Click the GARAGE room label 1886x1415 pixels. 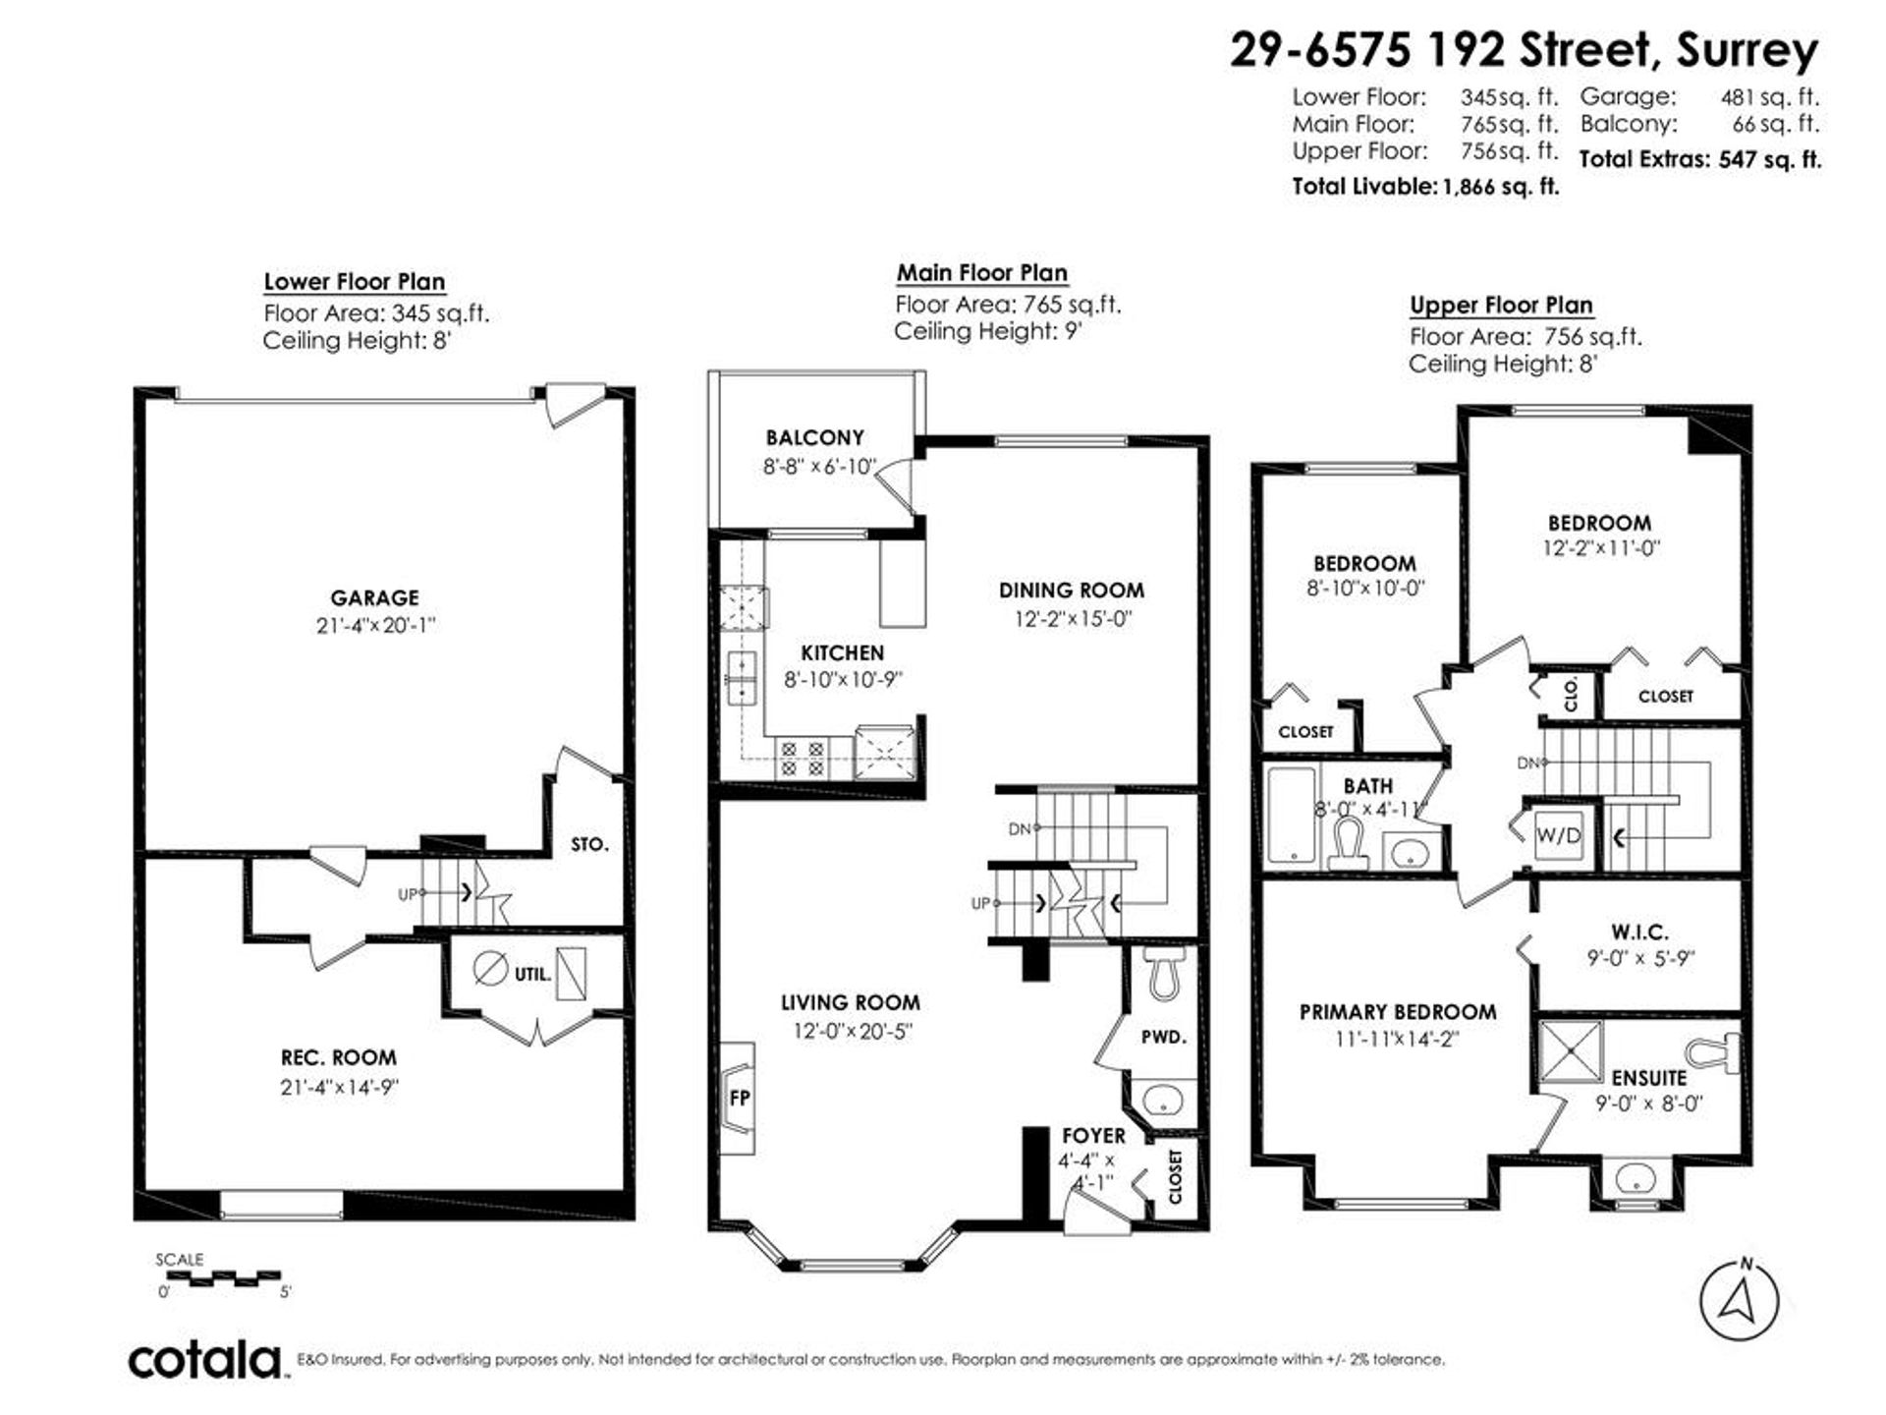point(374,597)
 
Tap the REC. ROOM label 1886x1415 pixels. point(339,1058)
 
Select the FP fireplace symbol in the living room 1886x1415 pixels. point(738,1098)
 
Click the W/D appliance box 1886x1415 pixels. point(1559,836)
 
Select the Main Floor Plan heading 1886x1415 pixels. point(981,273)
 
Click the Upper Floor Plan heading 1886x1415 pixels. point(1501,305)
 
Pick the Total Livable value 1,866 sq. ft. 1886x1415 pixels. point(1500,187)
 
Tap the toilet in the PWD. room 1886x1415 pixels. point(1166,974)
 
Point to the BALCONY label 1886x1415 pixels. point(814,437)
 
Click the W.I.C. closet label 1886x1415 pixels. point(1639,932)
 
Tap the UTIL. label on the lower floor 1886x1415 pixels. point(533,975)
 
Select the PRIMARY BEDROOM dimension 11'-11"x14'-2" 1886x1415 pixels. point(1398,1039)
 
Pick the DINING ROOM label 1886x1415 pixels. point(1072,591)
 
